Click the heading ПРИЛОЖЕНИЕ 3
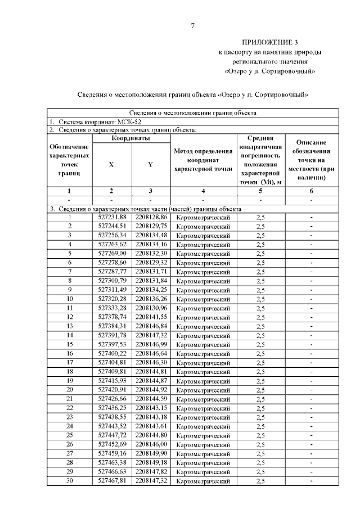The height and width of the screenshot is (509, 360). click(270, 43)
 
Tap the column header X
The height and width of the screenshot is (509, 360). click(111, 165)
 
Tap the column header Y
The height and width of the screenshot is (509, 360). click(150, 165)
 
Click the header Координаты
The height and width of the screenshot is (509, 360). click(130, 138)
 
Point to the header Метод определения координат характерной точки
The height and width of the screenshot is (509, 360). click(203, 160)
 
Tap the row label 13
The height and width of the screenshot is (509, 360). click(70, 326)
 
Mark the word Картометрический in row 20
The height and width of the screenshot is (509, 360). click(203, 390)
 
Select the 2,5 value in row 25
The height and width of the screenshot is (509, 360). click(260, 435)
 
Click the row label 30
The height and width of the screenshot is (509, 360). click(70, 481)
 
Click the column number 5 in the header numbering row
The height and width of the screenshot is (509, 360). click(260, 191)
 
